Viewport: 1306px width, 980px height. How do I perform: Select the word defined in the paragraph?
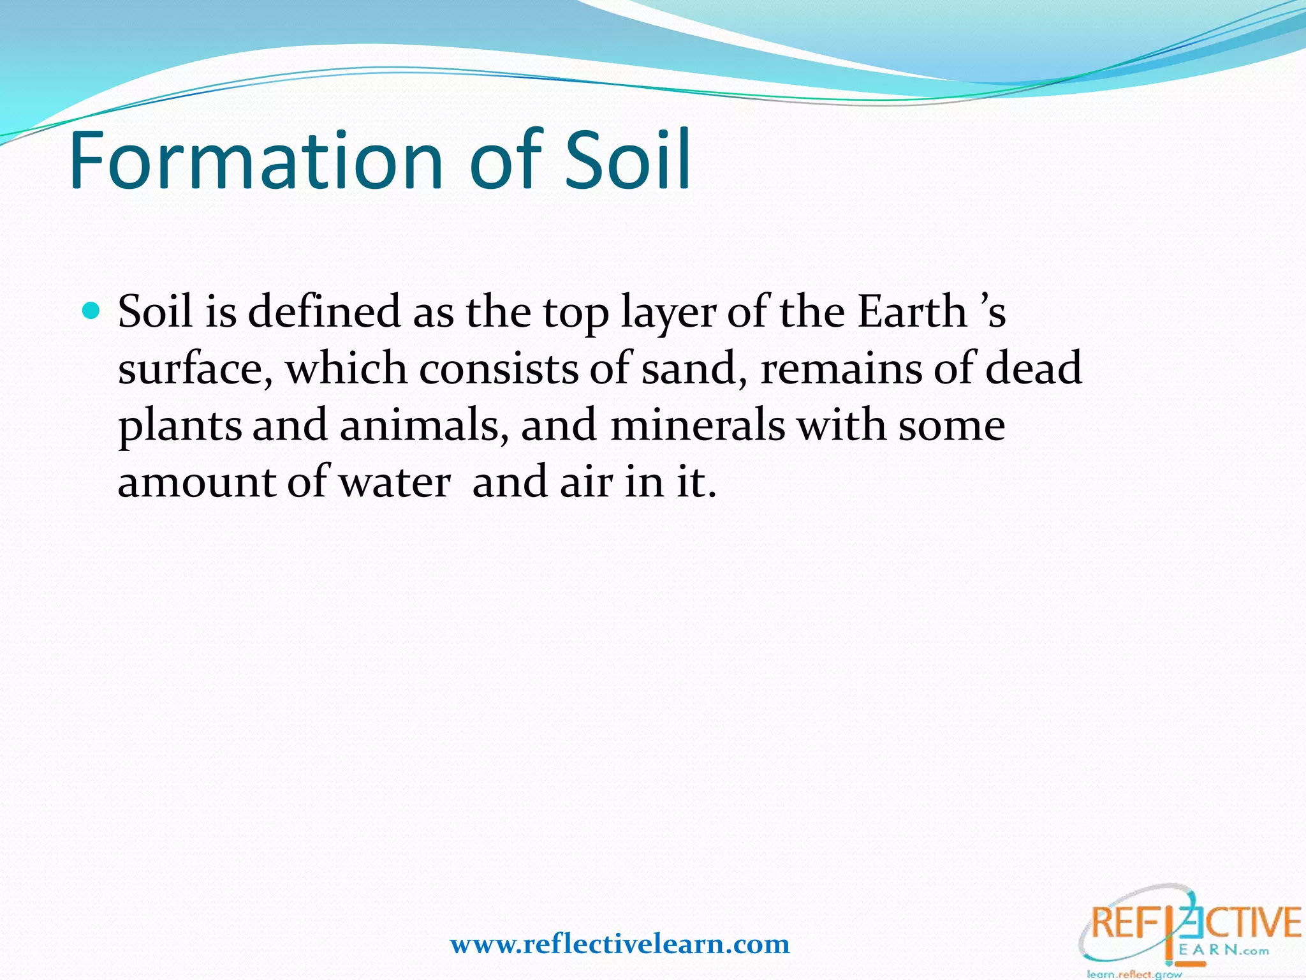[x=324, y=312]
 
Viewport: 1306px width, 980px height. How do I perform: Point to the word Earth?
[x=912, y=312]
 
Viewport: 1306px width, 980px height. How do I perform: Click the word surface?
[x=195, y=369]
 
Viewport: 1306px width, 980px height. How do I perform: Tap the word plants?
[x=180, y=426]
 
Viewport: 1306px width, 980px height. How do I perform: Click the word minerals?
[x=698, y=426]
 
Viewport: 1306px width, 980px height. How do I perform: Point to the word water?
[x=395, y=482]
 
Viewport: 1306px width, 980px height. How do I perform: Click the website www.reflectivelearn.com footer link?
[x=620, y=944]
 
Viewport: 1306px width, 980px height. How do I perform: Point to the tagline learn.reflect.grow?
[x=1134, y=974]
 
